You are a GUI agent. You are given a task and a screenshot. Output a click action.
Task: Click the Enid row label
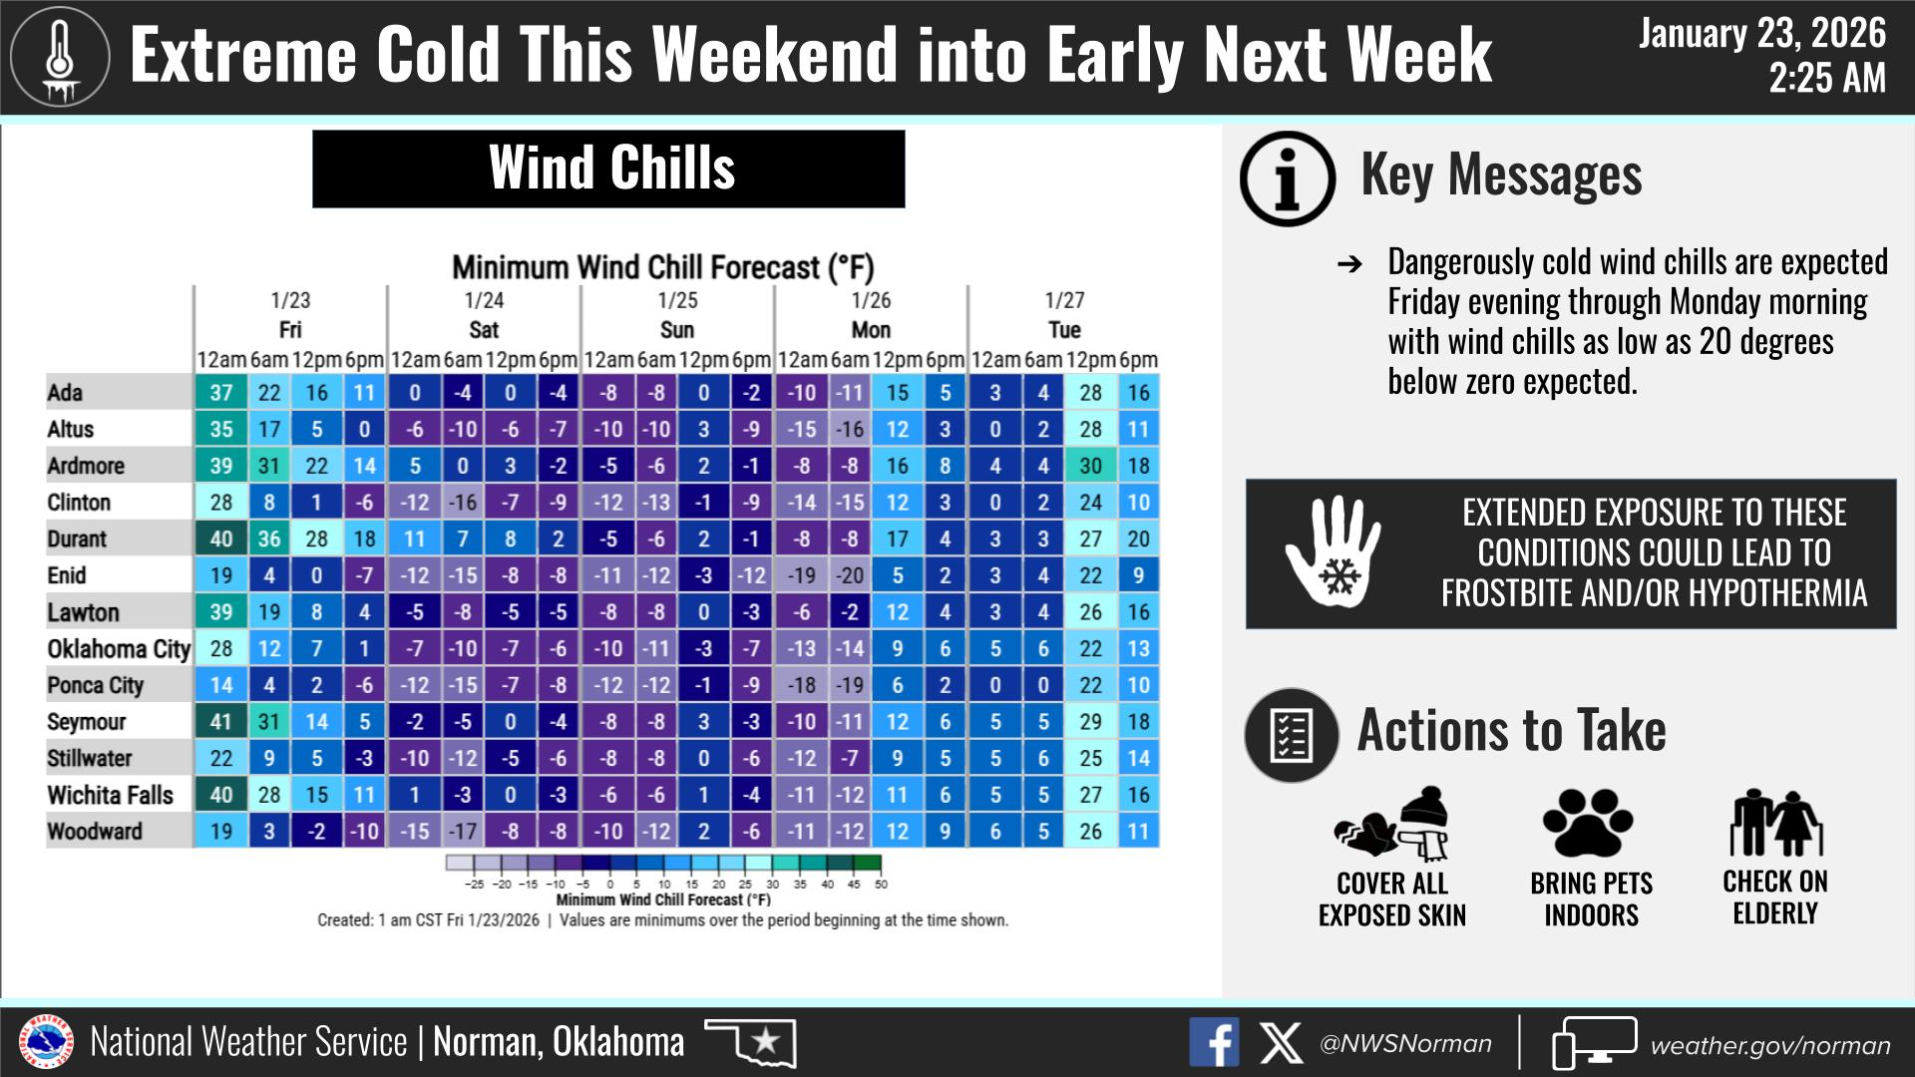pos(67,575)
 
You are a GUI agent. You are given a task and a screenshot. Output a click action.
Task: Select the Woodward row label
pos(95,831)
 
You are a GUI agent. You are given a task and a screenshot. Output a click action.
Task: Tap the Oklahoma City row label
pos(119,649)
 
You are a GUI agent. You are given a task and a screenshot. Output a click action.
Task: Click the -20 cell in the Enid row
pos(850,575)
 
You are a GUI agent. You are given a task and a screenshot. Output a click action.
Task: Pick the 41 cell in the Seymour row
pos(221,722)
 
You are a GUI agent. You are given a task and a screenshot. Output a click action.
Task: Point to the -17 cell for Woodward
pos(463,832)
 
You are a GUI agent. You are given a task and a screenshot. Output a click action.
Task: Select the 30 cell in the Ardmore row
pos(1091,466)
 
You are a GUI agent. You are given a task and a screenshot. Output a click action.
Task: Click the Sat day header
pos(484,330)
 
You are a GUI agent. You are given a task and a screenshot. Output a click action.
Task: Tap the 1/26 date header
pos(871,300)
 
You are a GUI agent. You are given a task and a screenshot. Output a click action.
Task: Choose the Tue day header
pos(1064,330)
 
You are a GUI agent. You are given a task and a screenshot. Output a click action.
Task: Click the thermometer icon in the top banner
pos(60,58)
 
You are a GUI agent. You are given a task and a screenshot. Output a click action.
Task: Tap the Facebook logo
pos(1214,1043)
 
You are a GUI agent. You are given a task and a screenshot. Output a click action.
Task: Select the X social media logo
pos(1281,1043)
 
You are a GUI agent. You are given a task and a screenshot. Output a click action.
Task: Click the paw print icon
pos(1589,824)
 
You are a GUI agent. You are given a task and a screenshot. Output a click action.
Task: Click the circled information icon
pos(1288,179)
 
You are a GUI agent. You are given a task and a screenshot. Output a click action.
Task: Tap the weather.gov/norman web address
pos(1770,1045)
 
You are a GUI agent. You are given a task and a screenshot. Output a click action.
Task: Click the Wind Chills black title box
pos(608,169)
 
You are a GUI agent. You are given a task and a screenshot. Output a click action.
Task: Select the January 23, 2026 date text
pos(1762,34)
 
